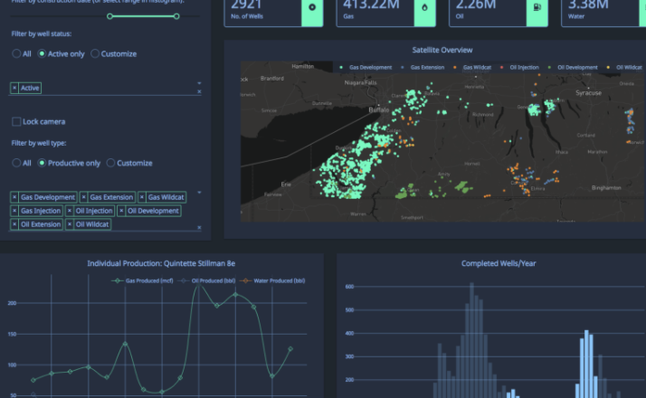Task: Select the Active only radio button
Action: coord(43,53)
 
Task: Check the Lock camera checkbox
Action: coord(16,121)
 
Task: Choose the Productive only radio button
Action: coord(43,163)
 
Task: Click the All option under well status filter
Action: coord(16,53)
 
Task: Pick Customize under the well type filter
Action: coord(111,163)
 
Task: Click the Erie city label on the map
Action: coord(287,183)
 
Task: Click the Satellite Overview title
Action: coord(442,50)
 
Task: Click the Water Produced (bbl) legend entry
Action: coord(279,280)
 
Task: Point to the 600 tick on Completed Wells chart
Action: coord(348,286)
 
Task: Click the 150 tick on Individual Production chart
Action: coord(12,334)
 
